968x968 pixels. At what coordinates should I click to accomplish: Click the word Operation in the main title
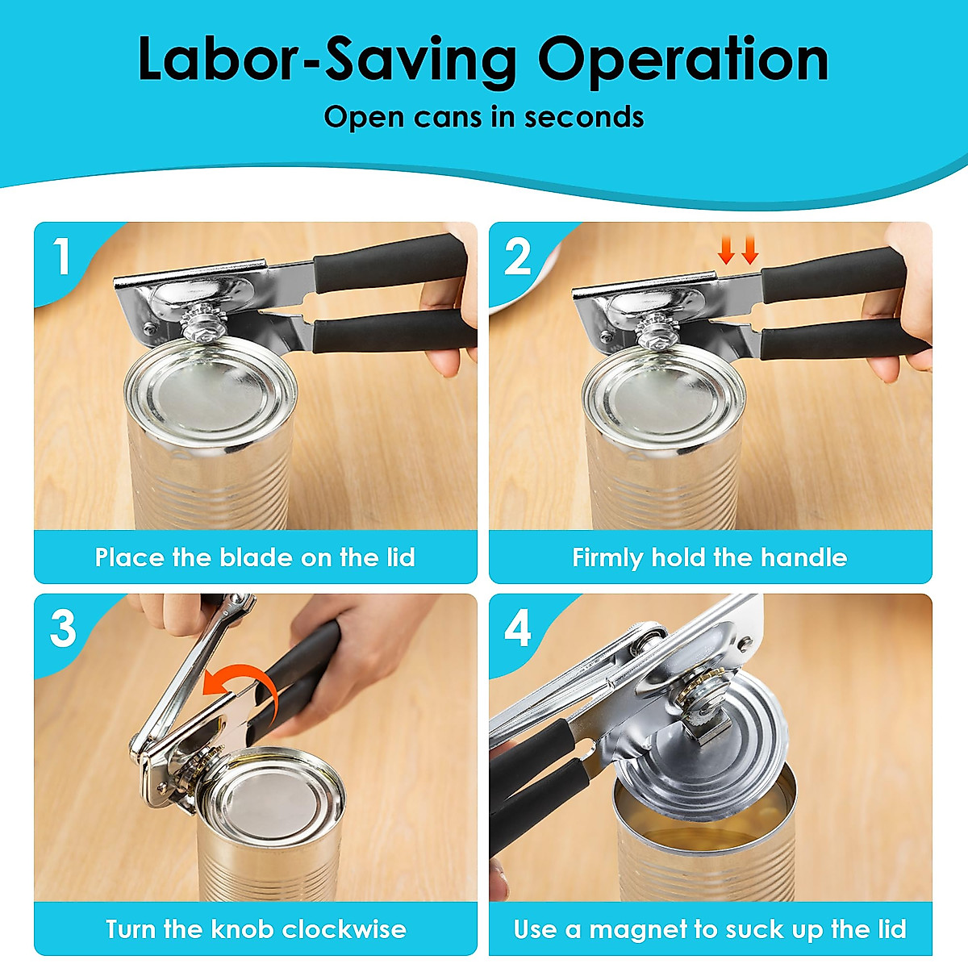click(683, 60)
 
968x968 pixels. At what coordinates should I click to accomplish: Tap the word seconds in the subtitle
click(584, 117)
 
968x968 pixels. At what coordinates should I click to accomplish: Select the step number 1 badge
click(62, 257)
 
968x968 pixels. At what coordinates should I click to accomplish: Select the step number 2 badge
click(518, 257)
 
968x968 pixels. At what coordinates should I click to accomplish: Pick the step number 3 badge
click(63, 628)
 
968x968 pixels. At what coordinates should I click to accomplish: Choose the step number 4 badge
click(518, 628)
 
